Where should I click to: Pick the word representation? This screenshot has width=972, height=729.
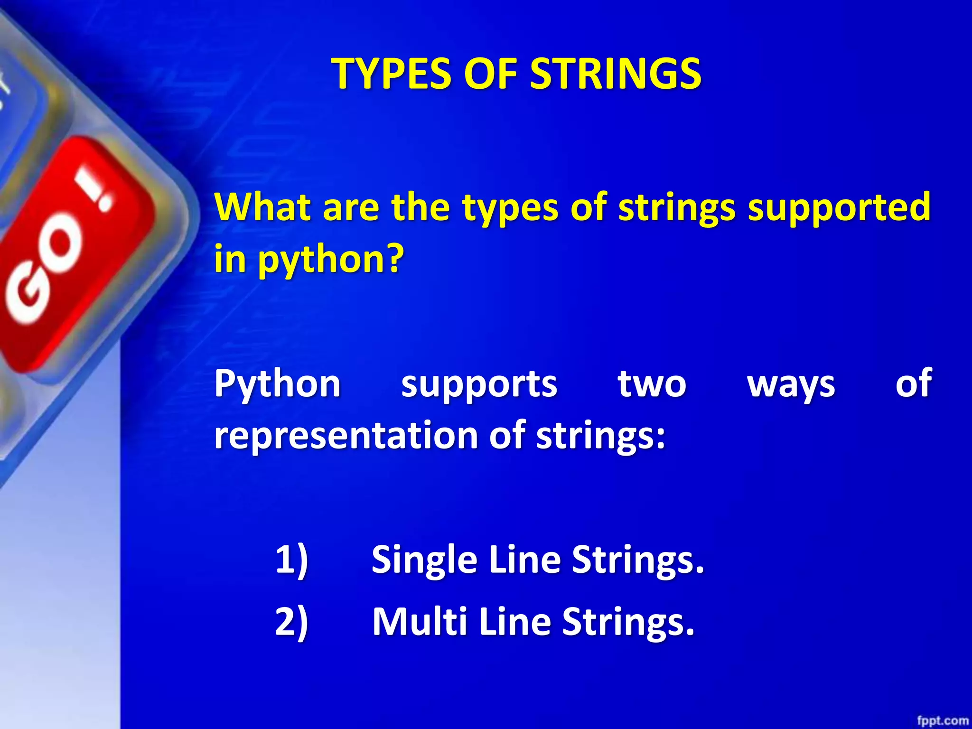(346, 436)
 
